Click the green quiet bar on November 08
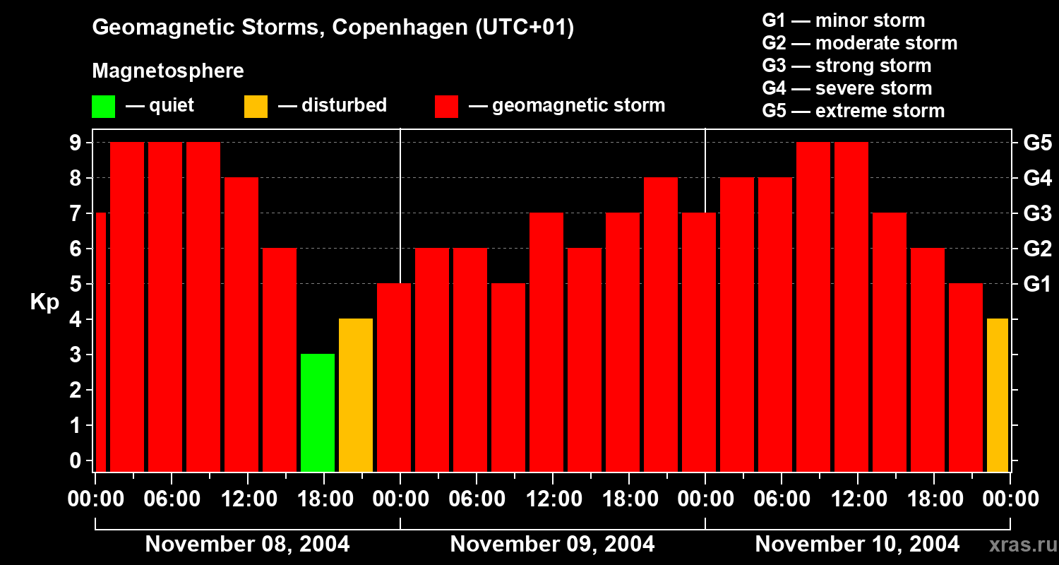[317, 412]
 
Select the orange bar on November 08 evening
[355, 395]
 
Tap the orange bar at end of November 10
[997, 395]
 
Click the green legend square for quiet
[103, 107]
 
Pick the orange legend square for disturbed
[256, 107]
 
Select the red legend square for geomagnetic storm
[447, 107]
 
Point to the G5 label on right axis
[1037, 143]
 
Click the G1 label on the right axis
[1037, 285]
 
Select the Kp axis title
[44, 302]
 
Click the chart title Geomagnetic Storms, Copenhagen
[333, 28]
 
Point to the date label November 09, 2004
[552, 545]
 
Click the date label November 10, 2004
[857, 545]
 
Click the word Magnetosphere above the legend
[168, 71]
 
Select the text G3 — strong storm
[846, 66]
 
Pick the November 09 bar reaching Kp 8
[660, 324]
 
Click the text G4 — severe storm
[846, 88]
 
